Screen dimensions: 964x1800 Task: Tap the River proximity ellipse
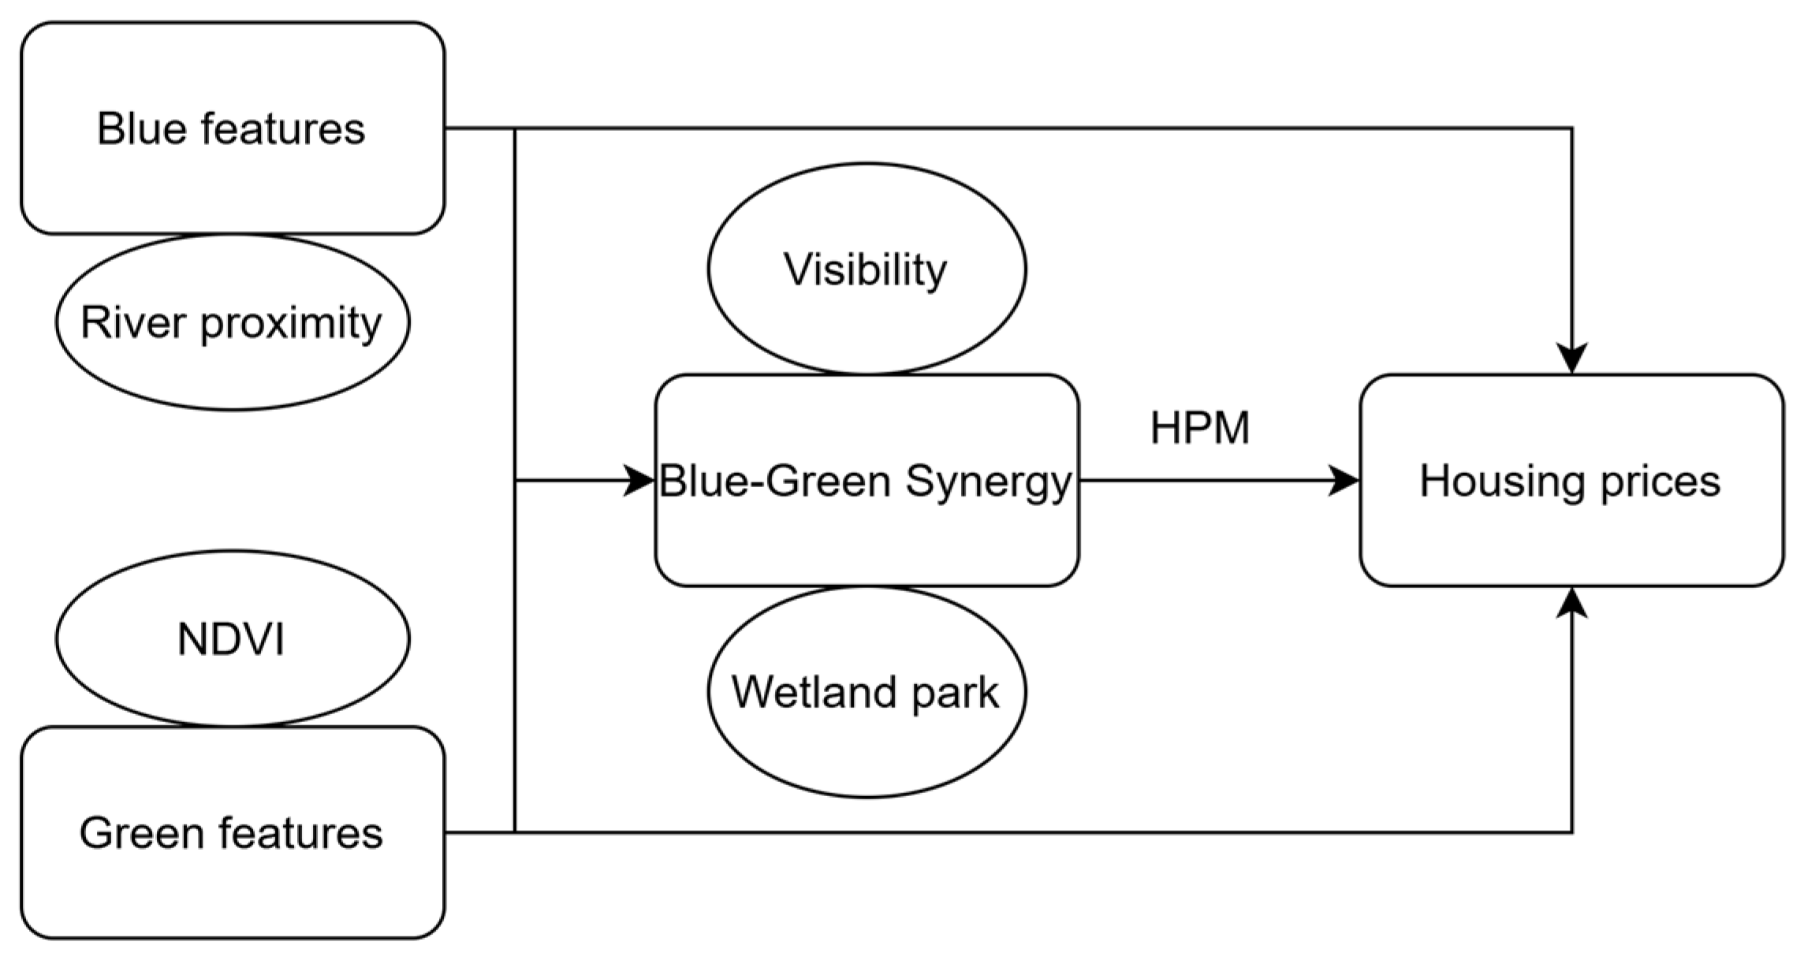232,322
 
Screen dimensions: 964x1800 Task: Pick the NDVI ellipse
232,638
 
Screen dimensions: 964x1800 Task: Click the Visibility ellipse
866,270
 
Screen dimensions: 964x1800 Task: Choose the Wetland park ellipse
866,692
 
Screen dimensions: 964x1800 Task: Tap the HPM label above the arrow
1200,429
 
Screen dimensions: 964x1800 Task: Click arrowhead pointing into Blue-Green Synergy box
640,480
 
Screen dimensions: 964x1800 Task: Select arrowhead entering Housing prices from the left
1344,480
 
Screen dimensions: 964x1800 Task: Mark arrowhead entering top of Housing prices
1572,358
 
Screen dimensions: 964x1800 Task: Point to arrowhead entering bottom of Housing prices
1572,603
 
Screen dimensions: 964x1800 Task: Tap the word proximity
290,324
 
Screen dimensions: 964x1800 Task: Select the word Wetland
814,692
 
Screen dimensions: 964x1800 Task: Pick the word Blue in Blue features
140,128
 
